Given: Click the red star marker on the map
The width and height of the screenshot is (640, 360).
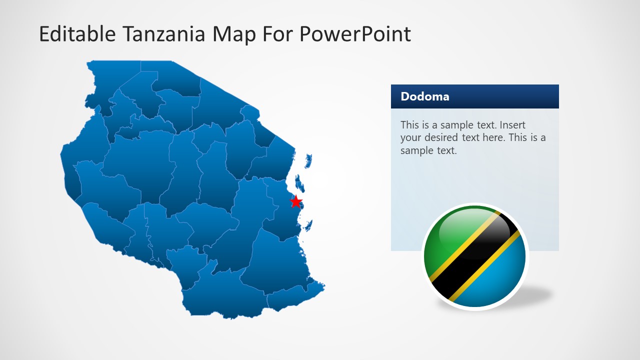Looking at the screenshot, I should (x=296, y=201).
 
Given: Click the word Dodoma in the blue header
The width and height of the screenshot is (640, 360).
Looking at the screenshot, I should (x=424, y=96).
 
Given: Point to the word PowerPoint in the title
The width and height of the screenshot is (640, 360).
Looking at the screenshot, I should (x=355, y=34).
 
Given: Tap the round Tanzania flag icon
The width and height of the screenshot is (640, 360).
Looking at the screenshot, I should (x=474, y=257).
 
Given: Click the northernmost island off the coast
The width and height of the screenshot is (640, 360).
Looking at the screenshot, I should (x=308, y=161).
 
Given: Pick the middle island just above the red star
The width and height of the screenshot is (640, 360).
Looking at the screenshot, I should (x=299, y=183).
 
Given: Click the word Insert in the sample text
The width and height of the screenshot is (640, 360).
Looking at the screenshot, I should (x=512, y=125).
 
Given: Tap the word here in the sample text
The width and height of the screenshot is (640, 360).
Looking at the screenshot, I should (x=493, y=137).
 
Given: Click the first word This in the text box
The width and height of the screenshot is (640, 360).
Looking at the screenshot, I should (x=410, y=125).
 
